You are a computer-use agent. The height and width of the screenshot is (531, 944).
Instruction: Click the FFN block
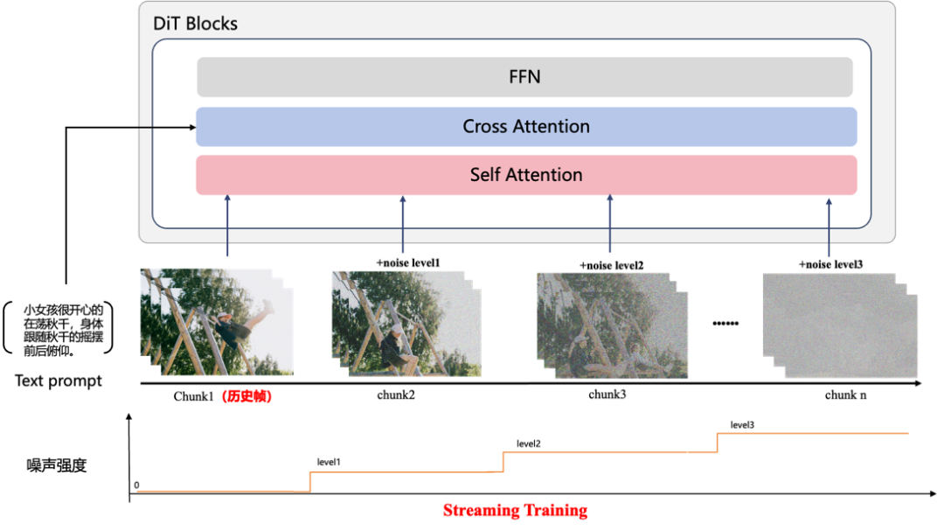coord(524,77)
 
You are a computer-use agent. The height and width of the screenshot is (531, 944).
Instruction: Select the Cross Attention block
coord(526,127)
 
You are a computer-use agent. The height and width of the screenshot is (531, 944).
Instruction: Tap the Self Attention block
coord(526,175)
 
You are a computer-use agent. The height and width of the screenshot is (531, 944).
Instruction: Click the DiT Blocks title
coord(195,24)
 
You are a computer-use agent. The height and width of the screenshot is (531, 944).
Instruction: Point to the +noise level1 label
coord(408,262)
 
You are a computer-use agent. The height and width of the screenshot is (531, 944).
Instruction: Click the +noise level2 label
coord(612,265)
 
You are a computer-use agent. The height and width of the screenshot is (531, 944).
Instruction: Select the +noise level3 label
coord(831,264)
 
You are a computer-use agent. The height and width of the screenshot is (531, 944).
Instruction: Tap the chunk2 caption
coord(396,395)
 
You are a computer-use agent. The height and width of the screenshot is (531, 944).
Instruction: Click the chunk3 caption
coord(607,395)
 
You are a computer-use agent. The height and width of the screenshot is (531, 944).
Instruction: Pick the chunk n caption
coord(845,395)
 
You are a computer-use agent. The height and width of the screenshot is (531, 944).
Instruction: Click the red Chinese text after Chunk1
coord(246,396)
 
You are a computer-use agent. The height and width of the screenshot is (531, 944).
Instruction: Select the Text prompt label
coord(59,381)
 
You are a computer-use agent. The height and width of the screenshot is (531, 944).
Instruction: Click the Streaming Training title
coord(516,510)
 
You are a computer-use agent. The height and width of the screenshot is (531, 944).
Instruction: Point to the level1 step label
coord(329,462)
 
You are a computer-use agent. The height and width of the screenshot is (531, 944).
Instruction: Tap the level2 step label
coord(529,444)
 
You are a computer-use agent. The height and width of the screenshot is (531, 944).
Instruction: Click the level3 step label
coord(742,425)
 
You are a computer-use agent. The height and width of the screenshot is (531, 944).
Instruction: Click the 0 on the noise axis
coord(136,486)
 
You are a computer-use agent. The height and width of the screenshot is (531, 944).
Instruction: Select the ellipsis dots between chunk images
coord(725,324)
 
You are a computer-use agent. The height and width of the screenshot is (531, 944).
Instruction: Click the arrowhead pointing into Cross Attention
coord(192,127)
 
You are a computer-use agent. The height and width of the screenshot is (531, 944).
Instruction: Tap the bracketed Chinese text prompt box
coord(59,328)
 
